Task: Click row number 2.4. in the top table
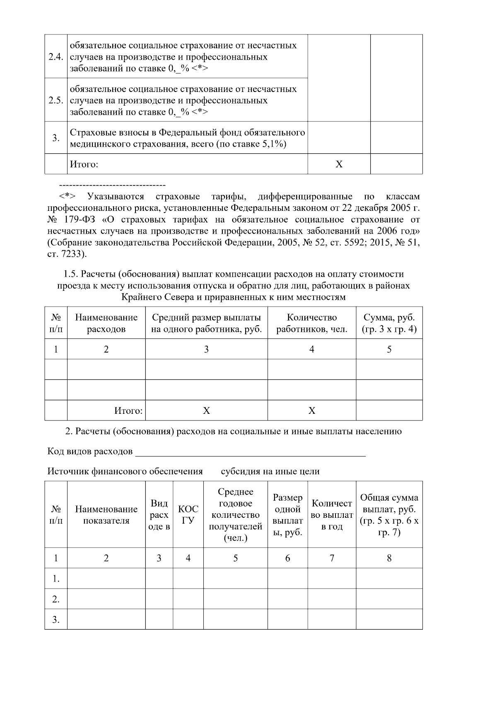[x=55, y=57]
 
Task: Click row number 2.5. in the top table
[x=55, y=100]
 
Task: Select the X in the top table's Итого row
[x=339, y=164]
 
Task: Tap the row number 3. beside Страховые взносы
[x=56, y=138]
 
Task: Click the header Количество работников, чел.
[x=311, y=323]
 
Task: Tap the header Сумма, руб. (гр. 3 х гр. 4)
[x=389, y=323]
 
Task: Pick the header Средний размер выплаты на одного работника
[x=206, y=323]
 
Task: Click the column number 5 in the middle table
[x=389, y=349]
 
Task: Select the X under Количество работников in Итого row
[x=311, y=411]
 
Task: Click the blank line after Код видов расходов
[x=251, y=452]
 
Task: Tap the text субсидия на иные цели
[x=270, y=471]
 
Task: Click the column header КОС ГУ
[x=188, y=515]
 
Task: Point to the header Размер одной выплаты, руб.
[x=287, y=515]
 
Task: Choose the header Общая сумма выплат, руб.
[x=389, y=515]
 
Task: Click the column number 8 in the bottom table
[x=389, y=558]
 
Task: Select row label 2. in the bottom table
[x=56, y=599]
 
